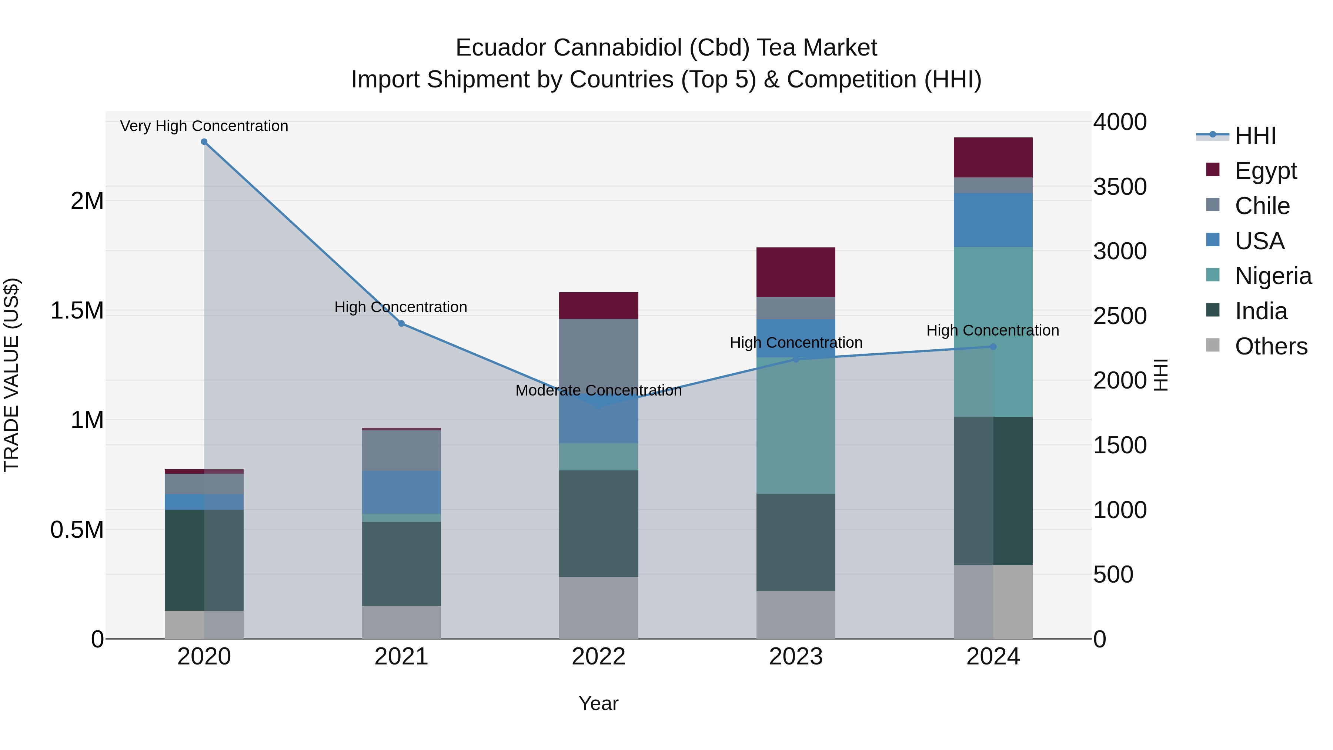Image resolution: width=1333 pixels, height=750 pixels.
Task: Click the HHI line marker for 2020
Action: click(204, 142)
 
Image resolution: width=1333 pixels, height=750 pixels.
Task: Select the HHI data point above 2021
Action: click(401, 323)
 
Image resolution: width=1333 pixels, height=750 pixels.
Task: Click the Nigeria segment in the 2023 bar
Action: click(795, 425)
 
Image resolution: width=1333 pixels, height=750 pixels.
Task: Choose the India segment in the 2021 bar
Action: click(401, 564)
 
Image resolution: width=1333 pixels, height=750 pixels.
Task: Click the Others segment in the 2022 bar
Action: click(598, 608)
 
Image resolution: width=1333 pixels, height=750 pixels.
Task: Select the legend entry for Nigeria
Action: click(1273, 276)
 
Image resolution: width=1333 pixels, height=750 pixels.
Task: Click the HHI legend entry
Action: click(1255, 136)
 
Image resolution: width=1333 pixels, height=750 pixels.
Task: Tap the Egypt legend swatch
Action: click(1212, 170)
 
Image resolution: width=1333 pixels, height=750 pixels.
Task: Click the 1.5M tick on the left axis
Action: click(77, 311)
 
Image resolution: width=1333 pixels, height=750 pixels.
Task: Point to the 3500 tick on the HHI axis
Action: click(1119, 187)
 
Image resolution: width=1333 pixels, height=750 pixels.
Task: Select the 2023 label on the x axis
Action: click(795, 657)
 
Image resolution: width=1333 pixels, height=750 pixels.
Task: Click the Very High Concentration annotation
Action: click(204, 126)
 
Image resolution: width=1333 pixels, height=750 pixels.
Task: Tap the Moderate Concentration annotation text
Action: click(598, 390)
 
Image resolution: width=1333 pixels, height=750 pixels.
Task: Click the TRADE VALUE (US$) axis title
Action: click(11, 375)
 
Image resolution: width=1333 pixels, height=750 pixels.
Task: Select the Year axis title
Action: click(598, 703)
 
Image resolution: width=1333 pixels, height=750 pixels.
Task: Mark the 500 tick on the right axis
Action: click(1113, 574)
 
